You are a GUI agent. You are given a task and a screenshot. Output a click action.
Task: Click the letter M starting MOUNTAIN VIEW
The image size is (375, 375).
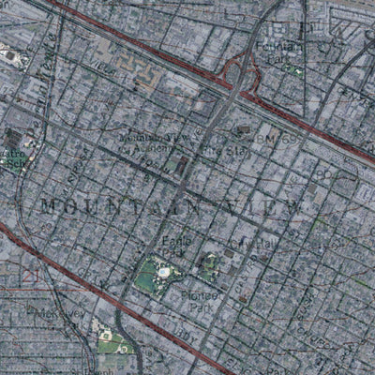coord(49,203)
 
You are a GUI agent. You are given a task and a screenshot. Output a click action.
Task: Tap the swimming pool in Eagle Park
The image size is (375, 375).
coord(163,272)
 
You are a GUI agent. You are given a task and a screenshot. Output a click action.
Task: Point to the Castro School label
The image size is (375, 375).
coord(14,156)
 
